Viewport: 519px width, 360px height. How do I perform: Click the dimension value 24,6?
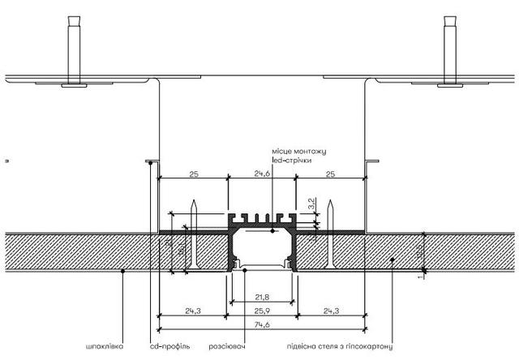coord(262,173)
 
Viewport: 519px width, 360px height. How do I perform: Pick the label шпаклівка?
coord(104,346)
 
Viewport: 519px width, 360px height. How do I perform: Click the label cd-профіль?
coord(170,346)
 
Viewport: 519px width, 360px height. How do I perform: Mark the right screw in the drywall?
coord(331,235)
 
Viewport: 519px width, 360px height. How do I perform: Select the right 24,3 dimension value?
coord(331,310)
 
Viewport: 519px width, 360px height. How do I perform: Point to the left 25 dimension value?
coord(193,173)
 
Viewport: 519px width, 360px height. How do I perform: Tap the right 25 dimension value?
coord(331,173)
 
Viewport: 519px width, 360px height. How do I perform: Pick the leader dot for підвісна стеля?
coord(392,260)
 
